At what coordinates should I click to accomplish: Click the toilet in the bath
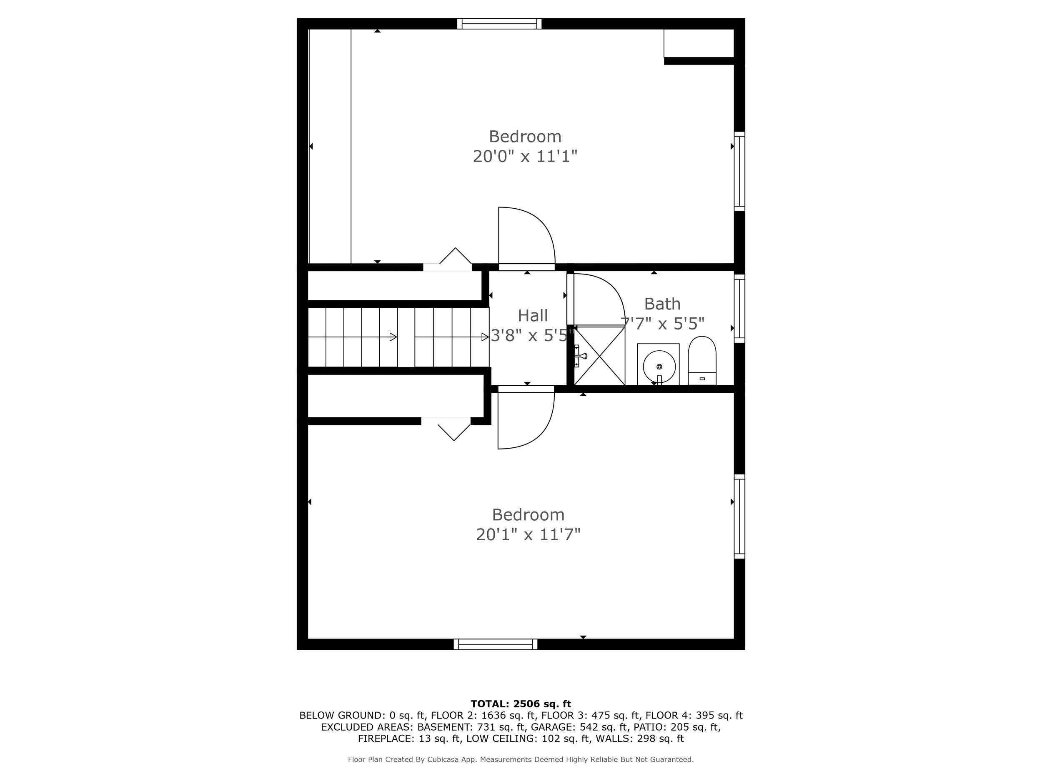click(x=702, y=361)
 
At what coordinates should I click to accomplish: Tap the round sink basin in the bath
click(x=659, y=366)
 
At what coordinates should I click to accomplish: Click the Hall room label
click(x=533, y=315)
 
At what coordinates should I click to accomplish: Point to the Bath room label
click(x=662, y=304)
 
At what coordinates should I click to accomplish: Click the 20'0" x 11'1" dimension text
click(x=525, y=156)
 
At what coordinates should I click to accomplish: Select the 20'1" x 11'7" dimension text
click(x=528, y=535)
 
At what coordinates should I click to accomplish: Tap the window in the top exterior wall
click(x=499, y=24)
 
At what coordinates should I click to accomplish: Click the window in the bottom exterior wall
click(x=496, y=644)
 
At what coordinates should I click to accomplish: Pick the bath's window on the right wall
click(x=739, y=309)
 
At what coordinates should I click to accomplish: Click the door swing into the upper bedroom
click(x=527, y=238)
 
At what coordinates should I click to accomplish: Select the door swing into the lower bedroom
click(x=526, y=419)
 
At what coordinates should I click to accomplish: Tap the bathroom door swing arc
click(x=598, y=299)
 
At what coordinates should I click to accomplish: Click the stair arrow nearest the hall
click(x=484, y=337)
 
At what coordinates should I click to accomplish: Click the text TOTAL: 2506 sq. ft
click(x=521, y=704)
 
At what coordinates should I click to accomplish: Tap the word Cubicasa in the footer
click(x=444, y=759)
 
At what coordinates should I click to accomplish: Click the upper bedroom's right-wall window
click(x=739, y=171)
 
